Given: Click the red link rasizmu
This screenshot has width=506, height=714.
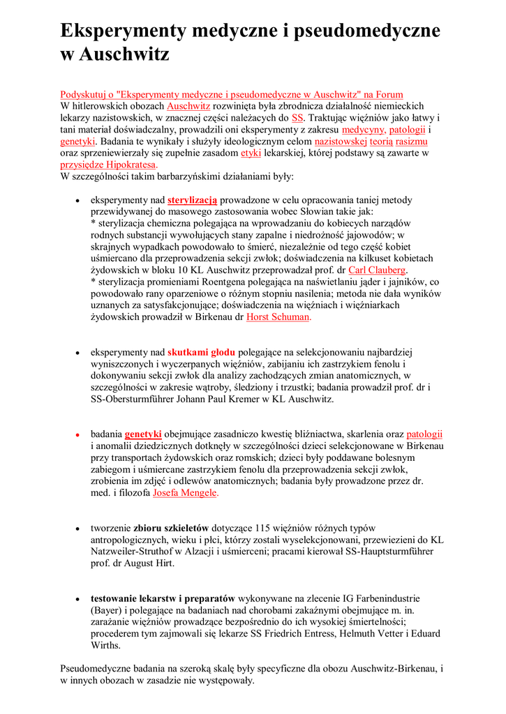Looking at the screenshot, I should point(410,142).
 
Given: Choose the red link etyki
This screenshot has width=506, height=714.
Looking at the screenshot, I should point(251,153).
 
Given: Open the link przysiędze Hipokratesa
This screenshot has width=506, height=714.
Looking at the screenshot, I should point(109,165).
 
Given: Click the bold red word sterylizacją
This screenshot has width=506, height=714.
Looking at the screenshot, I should point(193,199).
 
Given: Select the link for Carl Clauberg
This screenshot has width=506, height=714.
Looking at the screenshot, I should point(377,270).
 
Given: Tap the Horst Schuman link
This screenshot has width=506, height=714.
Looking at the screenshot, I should point(278,317).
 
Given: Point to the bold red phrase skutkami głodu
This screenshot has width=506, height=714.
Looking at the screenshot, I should point(201,352).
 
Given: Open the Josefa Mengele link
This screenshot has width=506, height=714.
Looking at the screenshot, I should point(185,493).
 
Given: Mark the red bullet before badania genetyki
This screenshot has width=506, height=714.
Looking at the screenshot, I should point(77,434).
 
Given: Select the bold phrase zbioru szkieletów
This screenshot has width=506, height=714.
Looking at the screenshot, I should point(171,528).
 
